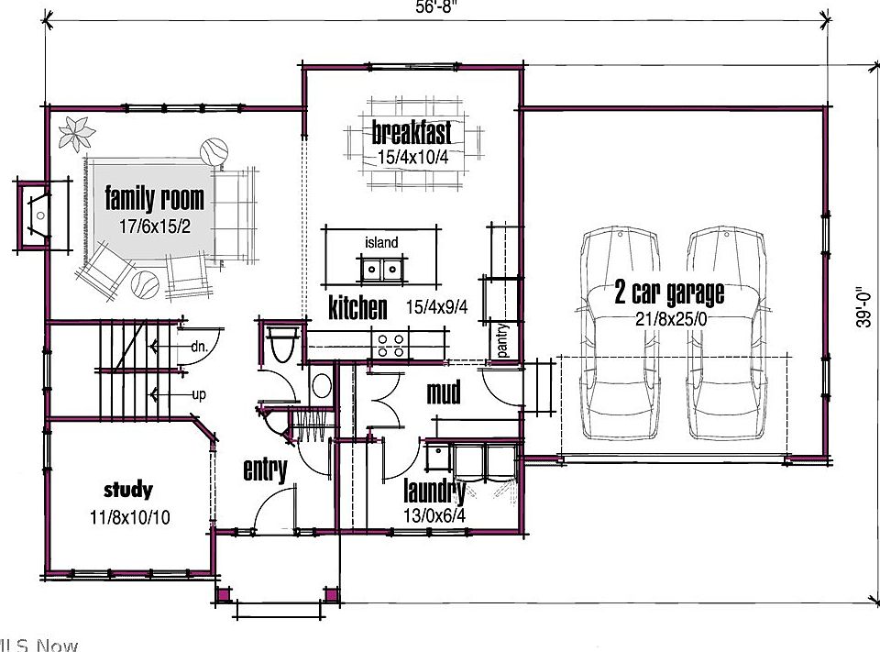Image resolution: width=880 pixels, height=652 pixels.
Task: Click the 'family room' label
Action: click(x=154, y=197)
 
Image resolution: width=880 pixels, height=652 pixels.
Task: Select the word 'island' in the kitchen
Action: click(x=381, y=242)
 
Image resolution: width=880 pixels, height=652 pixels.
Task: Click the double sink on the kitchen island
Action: click(x=381, y=269)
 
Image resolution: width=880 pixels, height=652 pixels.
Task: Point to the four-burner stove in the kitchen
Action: click(x=390, y=346)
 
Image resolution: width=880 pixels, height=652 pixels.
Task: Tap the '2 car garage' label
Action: click(x=669, y=293)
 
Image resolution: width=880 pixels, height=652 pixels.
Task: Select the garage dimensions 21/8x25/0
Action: click(x=670, y=317)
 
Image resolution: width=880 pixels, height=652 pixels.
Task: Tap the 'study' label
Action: click(x=127, y=490)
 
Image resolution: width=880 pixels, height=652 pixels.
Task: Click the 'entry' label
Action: click(x=265, y=470)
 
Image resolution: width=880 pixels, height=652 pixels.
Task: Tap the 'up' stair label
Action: click(x=198, y=394)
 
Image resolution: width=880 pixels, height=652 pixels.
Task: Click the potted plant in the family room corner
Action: click(x=76, y=132)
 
